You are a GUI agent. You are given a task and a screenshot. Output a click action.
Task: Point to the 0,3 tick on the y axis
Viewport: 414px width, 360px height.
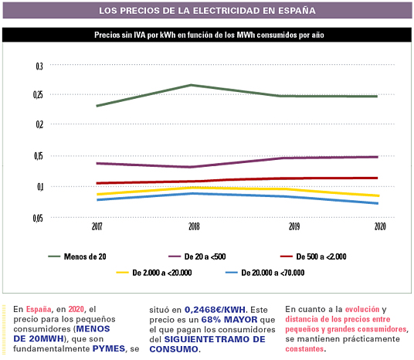(x=39, y=66)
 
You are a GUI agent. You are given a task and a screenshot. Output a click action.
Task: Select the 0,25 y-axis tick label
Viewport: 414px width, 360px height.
(x=38, y=95)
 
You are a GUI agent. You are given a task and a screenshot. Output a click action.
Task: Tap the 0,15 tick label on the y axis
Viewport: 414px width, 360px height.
(x=39, y=156)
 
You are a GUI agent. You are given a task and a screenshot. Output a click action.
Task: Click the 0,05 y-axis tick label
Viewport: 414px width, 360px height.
(x=38, y=218)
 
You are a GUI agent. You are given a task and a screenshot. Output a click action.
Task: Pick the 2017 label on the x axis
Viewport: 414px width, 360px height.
(x=97, y=226)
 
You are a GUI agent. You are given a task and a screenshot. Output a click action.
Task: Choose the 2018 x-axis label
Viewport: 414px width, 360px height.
(x=194, y=226)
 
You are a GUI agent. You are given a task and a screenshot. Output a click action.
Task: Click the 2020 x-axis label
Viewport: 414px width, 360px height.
(x=380, y=226)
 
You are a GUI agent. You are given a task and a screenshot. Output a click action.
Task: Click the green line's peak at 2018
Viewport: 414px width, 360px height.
(x=191, y=85)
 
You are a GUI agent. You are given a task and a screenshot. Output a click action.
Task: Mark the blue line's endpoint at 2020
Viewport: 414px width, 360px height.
(x=377, y=203)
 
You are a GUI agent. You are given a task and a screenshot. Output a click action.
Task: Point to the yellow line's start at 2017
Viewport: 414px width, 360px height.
(x=98, y=195)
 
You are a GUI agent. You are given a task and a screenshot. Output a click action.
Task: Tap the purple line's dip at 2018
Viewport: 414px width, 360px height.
(x=191, y=167)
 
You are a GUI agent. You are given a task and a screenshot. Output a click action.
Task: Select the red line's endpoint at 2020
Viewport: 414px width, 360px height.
(x=377, y=178)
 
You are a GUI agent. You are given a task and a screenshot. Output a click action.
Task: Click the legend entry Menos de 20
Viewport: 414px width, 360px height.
(x=77, y=256)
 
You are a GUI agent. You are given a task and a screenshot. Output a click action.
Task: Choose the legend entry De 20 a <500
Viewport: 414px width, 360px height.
(x=197, y=256)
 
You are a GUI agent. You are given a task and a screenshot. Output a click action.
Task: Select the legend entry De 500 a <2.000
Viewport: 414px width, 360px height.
(x=314, y=256)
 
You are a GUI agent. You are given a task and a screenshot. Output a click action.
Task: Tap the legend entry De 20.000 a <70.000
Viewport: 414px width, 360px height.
(x=265, y=273)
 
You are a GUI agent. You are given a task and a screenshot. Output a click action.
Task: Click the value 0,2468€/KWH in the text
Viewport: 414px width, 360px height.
(x=215, y=309)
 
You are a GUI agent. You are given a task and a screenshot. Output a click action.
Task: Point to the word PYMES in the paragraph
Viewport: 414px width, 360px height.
(x=108, y=348)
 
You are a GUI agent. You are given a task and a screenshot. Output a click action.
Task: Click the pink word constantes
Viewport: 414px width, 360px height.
(x=304, y=349)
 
